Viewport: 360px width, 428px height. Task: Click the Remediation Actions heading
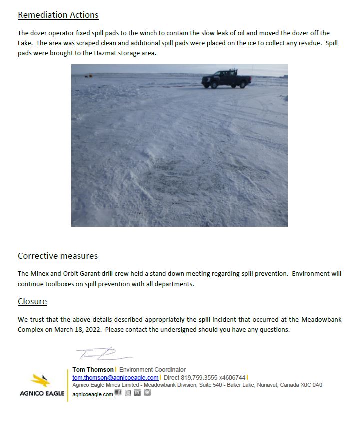click(58, 15)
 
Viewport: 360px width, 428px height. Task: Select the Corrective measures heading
click(58, 256)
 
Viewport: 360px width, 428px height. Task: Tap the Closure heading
click(32, 301)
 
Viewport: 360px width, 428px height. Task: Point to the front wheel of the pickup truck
click(208, 85)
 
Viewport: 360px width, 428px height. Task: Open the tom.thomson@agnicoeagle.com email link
click(115, 377)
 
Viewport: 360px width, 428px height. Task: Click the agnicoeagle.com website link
click(93, 394)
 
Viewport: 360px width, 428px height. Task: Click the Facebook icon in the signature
click(118, 393)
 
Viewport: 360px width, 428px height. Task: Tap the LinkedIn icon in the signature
click(137, 393)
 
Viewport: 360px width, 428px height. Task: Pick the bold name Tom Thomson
click(93, 370)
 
